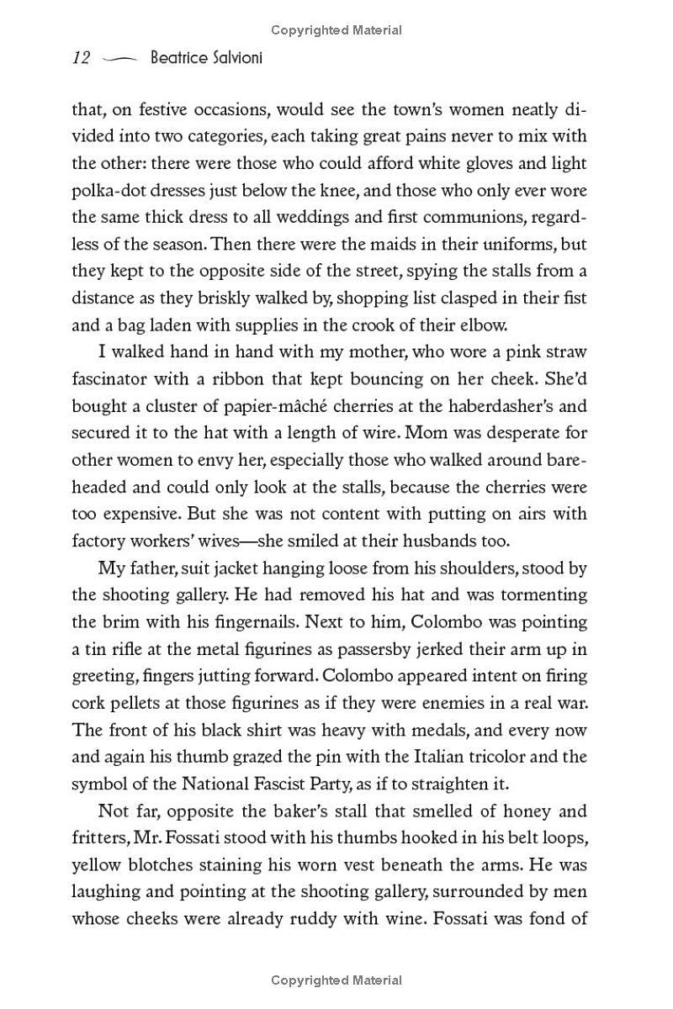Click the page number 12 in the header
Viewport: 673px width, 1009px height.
81,59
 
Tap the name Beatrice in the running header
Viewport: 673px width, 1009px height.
179,59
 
